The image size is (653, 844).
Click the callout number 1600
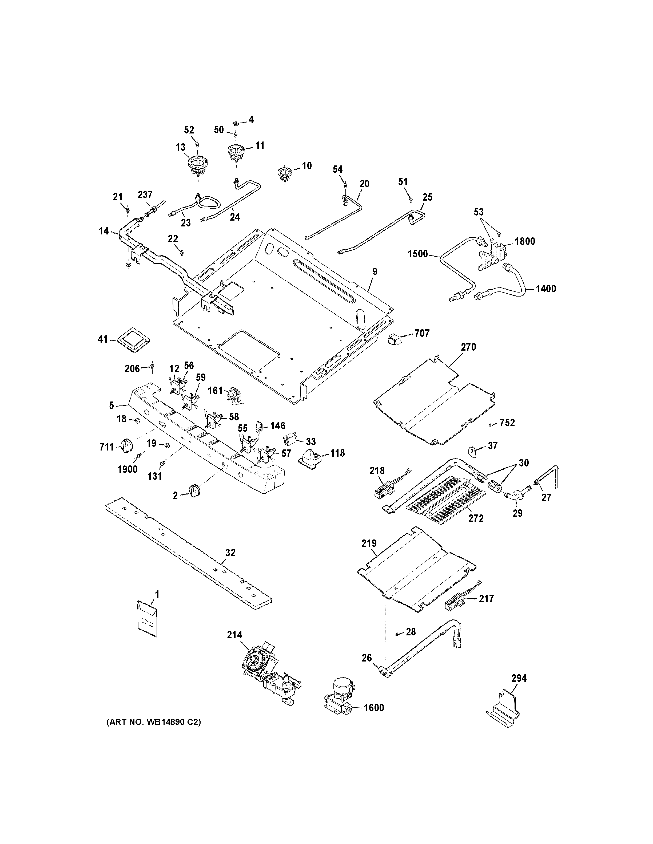pos(374,708)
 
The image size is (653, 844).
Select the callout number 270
pos(468,347)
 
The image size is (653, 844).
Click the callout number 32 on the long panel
pos(230,553)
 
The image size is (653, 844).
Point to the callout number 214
pos(234,635)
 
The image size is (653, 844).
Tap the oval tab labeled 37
pos(473,451)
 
